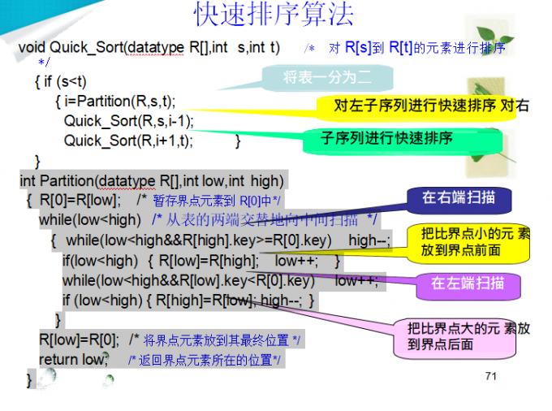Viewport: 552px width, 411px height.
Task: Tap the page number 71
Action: tap(490, 375)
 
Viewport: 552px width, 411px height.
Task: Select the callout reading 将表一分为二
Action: tap(327, 78)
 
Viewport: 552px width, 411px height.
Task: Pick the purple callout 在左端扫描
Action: tap(468, 283)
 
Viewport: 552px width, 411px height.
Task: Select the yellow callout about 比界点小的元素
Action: tap(474, 242)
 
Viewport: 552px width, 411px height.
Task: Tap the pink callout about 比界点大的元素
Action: tap(468, 336)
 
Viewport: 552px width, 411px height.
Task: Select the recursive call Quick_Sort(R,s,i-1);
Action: tap(129, 121)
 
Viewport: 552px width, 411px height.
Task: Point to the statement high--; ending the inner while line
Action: tap(369, 240)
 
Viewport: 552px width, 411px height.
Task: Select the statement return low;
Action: tap(72, 358)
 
